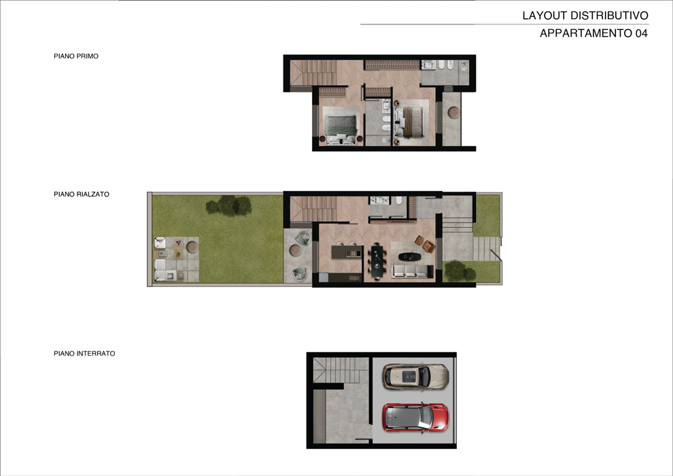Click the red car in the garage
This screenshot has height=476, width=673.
point(415,418)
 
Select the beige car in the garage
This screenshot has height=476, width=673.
point(415,377)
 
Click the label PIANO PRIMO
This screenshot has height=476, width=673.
point(76,56)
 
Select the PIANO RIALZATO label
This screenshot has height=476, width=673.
point(82,194)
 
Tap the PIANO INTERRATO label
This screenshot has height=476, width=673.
point(84,354)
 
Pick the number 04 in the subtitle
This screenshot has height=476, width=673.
point(641,33)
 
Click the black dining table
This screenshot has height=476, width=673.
point(377,261)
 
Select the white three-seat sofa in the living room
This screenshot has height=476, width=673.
point(411,271)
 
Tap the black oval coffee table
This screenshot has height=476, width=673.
point(409,256)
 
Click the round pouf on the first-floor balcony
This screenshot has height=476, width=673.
point(453,112)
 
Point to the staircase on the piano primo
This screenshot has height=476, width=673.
point(313,73)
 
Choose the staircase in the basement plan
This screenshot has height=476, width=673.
point(341,370)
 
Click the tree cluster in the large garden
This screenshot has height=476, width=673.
point(228,205)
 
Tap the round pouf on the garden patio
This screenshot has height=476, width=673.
point(192,247)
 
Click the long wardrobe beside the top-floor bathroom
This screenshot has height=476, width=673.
point(392,65)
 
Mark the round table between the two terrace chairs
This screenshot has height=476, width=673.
point(295,250)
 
